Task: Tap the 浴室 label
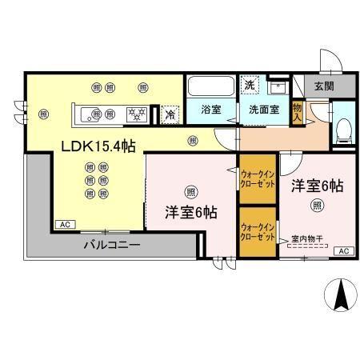pos(210,110)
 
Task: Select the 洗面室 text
pos(263,110)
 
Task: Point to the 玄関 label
pos(324,86)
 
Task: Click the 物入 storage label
pos(297,110)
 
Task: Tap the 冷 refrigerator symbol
pos(169,114)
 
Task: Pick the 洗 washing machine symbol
pos(250,85)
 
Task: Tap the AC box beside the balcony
pos(64,226)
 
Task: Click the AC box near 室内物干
pos(344,252)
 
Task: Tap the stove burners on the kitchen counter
pos(137,114)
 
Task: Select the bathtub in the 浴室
pos(210,86)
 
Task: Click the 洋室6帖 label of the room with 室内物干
pos(317,186)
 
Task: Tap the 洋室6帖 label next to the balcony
pos(190,213)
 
